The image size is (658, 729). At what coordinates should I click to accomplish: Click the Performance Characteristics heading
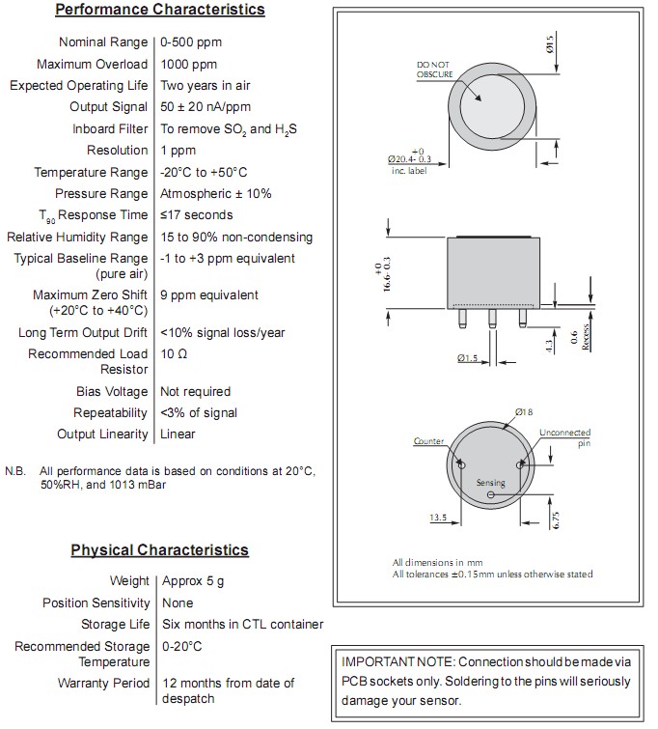[x=159, y=11]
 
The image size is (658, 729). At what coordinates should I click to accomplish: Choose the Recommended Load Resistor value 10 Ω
[x=175, y=354]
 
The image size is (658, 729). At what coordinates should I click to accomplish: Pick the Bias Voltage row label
[x=112, y=391]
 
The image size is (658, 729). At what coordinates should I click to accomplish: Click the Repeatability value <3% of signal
[x=199, y=412]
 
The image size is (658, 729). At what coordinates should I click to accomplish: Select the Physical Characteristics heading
[x=159, y=550]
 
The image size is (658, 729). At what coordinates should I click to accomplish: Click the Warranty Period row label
[x=103, y=683]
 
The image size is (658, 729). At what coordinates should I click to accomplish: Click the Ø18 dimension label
[x=525, y=412]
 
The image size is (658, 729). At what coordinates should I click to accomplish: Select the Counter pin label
[x=429, y=441]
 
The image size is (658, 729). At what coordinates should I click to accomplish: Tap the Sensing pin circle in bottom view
[x=491, y=495]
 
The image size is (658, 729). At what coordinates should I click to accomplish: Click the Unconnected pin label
[x=564, y=437]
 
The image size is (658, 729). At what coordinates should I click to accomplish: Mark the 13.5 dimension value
[x=439, y=518]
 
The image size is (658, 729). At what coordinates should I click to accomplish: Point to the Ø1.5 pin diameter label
[x=467, y=358]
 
